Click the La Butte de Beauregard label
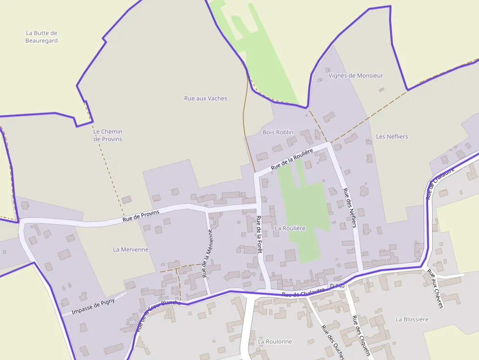point(42,37)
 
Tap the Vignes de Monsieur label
point(356,76)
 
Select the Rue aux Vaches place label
point(205,98)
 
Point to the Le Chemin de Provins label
point(108,135)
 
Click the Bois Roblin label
point(278,132)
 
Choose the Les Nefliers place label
point(392,137)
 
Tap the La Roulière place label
point(290,228)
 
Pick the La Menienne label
point(131,250)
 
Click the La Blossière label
point(412,319)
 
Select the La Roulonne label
point(275,342)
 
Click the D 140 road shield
point(337,286)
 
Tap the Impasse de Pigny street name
point(93,306)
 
